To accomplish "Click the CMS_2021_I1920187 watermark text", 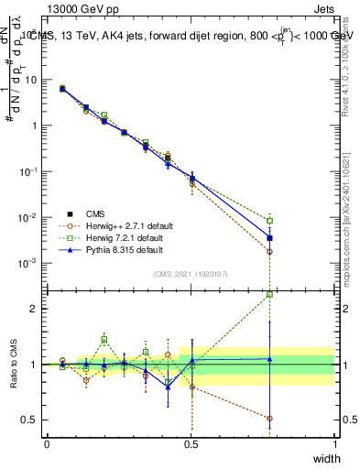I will (x=190, y=274).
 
